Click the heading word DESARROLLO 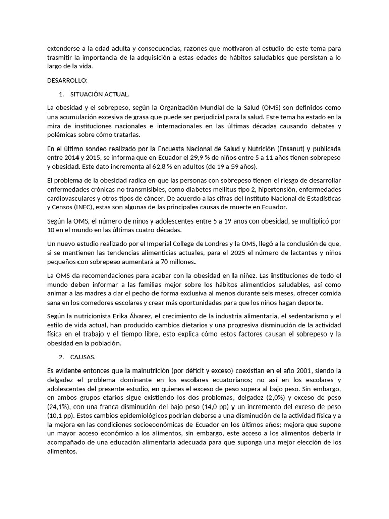pos(67,80)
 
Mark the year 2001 pos(296,370)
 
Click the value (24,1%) pos(59,407)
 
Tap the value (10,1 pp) pos(59,416)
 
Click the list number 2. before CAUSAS pos(61,357)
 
